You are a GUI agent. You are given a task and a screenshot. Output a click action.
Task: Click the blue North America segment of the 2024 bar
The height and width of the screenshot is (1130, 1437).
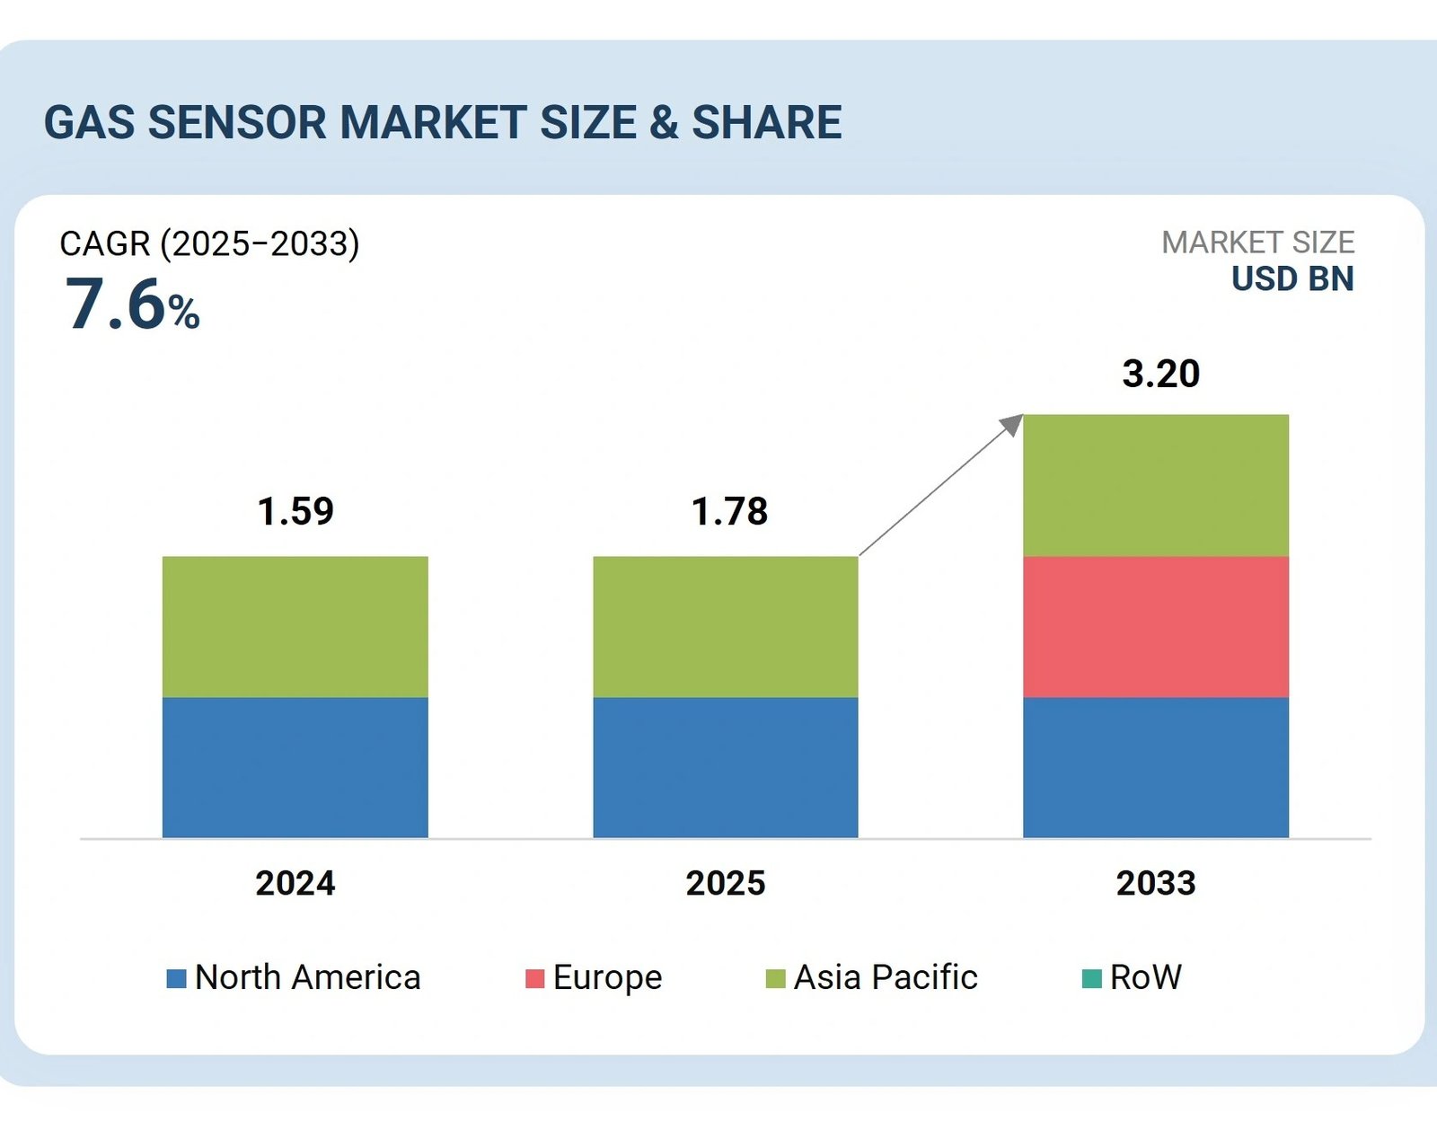pyautogui.click(x=295, y=768)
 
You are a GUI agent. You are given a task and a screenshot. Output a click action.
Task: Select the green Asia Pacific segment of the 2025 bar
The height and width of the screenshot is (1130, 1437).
pyautogui.click(x=725, y=627)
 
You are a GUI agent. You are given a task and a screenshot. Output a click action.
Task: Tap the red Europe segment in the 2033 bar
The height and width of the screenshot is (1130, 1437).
pyautogui.click(x=1155, y=627)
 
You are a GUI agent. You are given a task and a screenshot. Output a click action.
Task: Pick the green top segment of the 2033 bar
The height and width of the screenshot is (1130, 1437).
pyautogui.click(x=1155, y=485)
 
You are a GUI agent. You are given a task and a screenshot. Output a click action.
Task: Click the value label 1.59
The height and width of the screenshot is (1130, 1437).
pyautogui.click(x=295, y=511)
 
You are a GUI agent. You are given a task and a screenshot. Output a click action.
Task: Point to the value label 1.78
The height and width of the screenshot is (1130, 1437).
pyautogui.click(x=729, y=511)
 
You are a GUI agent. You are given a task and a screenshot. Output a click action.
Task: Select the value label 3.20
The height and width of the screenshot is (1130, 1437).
pyautogui.click(x=1160, y=374)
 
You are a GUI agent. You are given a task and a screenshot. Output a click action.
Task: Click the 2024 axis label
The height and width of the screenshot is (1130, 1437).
pyautogui.click(x=295, y=883)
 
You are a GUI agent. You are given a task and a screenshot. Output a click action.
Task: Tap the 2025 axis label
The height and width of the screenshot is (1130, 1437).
pyautogui.click(x=725, y=883)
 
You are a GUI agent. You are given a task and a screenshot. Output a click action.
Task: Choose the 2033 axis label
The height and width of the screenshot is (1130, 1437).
pyautogui.click(x=1155, y=883)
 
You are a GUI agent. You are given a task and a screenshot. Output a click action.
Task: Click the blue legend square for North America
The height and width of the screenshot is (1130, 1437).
pyautogui.click(x=176, y=978)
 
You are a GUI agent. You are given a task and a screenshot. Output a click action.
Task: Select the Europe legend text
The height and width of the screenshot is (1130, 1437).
pyautogui.click(x=607, y=977)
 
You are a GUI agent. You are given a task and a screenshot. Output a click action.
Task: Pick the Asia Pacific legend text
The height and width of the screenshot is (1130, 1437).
pyautogui.click(x=885, y=977)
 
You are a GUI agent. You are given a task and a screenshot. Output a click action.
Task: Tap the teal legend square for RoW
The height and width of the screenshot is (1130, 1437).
pyautogui.click(x=1091, y=978)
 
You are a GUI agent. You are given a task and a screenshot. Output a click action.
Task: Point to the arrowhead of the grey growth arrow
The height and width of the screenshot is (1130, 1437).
pyautogui.click(x=1013, y=424)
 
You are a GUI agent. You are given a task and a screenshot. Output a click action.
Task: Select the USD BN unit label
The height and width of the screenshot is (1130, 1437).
pyautogui.click(x=1292, y=279)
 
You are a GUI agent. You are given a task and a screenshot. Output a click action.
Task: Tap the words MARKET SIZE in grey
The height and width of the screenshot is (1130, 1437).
pyautogui.click(x=1257, y=243)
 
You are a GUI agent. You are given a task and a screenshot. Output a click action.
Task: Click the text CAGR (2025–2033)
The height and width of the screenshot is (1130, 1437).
pyautogui.click(x=209, y=243)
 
